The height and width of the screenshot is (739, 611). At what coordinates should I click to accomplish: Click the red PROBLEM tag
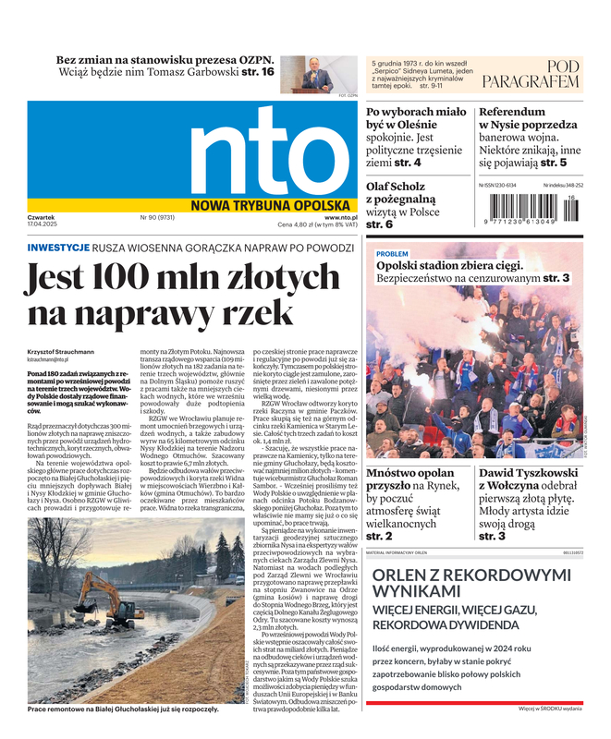point(392,253)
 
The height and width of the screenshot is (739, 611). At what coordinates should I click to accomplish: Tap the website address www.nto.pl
point(341,217)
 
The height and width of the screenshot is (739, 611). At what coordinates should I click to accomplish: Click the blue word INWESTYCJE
point(58,248)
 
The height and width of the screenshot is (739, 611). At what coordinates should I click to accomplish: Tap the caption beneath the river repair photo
point(123,709)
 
